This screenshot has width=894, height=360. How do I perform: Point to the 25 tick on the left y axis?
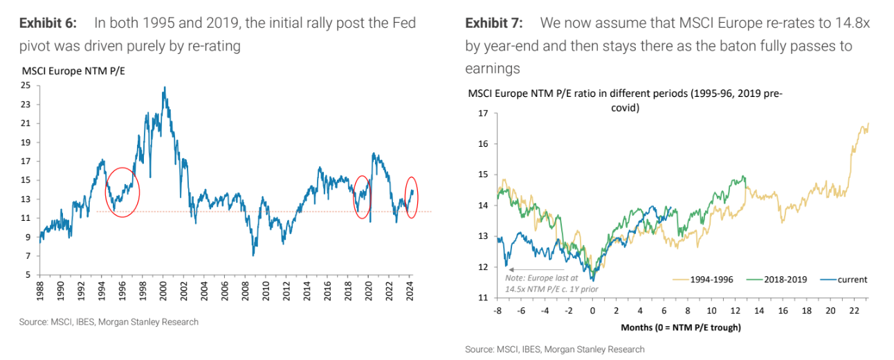coord(26,86)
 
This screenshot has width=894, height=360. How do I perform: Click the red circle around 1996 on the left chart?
coord(122,192)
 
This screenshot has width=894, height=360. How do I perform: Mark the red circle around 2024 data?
coord(411,197)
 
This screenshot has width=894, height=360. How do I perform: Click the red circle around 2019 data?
coord(362,197)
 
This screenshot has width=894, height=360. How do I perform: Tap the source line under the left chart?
coord(109,322)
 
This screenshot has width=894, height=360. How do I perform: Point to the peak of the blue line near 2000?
coord(164,88)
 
